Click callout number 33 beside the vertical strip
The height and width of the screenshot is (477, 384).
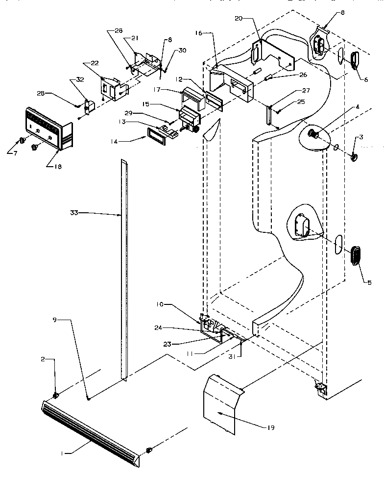coord(74,213)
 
